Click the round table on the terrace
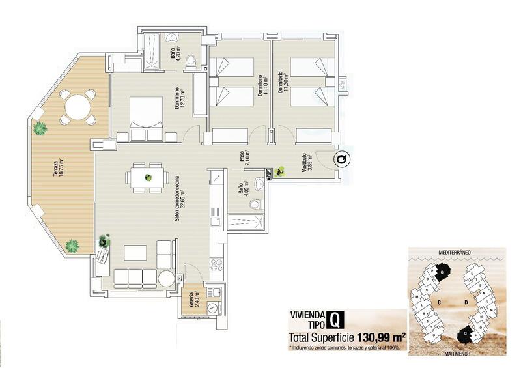77,108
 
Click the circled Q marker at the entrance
341,159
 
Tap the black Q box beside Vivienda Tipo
334,320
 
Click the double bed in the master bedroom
147,119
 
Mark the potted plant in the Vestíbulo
280,171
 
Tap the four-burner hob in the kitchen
217,264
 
